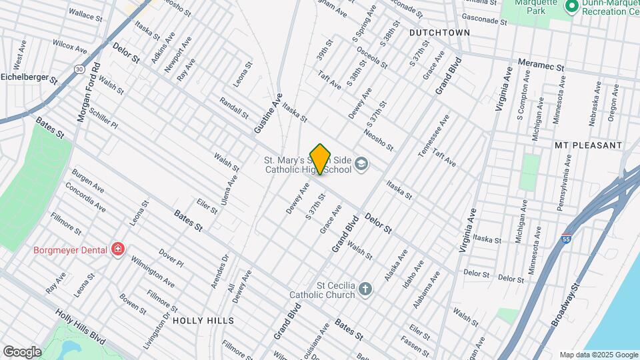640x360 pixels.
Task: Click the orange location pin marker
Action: [x=321, y=159]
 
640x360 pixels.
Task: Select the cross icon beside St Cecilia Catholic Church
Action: [x=364, y=289]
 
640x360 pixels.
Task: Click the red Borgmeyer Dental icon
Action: [x=118, y=249]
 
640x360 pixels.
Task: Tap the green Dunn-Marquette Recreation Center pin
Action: [x=571, y=7]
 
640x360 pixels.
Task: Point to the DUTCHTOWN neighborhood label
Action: [x=439, y=32]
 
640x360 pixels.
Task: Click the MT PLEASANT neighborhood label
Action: [x=588, y=145]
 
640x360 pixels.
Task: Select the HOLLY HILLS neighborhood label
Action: [x=203, y=321]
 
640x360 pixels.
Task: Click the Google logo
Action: [x=21, y=351]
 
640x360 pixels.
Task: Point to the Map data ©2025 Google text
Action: [x=598, y=355]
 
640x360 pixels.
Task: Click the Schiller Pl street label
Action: [x=103, y=119]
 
